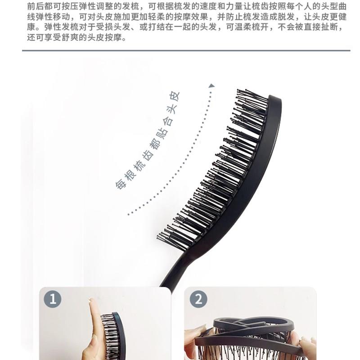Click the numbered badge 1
[53, 299]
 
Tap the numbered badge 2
[198, 299]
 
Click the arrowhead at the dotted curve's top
[211, 85]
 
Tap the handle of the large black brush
[175, 269]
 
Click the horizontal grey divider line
[186, 50]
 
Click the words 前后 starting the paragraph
[36, 6]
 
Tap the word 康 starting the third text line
[31, 27]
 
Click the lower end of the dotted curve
[129, 215]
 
